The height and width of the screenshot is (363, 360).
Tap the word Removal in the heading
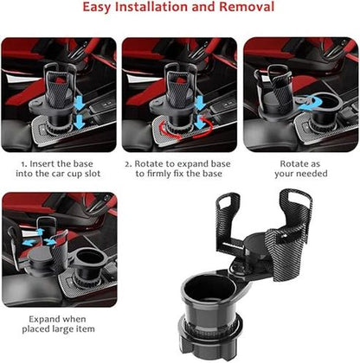click(247, 7)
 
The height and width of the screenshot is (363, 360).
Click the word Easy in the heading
click(97, 7)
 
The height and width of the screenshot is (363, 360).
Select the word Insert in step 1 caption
click(42, 163)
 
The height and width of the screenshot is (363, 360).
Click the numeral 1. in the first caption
click(24, 164)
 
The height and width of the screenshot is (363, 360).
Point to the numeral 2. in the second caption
click(128, 164)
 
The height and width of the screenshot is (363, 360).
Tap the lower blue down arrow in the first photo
click(80, 123)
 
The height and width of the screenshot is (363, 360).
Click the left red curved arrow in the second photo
click(169, 131)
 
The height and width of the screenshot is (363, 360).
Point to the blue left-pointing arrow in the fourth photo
click(29, 242)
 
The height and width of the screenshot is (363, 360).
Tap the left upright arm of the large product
click(226, 219)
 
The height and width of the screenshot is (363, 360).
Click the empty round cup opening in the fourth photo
click(89, 257)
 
